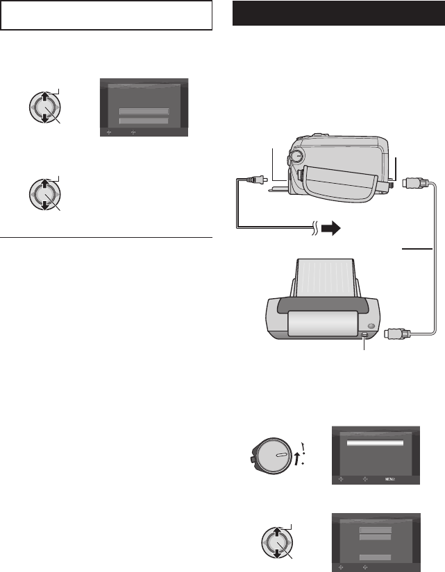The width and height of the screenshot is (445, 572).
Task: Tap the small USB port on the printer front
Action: [365, 337]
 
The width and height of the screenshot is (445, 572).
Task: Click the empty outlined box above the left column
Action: [106, 15]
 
